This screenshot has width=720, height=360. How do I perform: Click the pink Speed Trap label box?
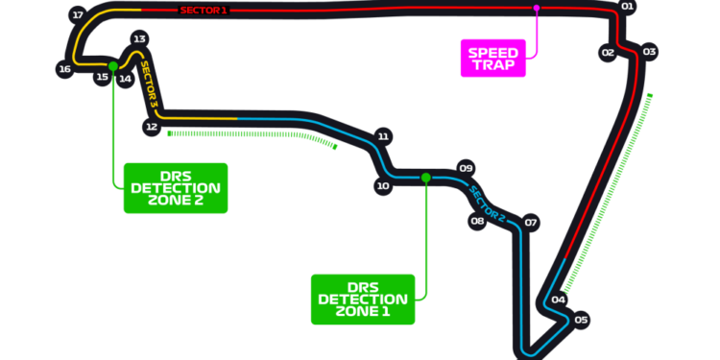point(493,59)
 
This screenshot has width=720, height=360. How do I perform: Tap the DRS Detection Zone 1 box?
point(363,299)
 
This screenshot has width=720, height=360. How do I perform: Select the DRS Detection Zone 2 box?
point(175,187)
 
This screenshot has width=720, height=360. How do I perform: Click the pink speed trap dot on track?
point(537,9)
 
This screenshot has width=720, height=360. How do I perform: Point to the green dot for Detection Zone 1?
point(425,178)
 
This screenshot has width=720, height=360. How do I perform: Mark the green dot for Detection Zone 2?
point(113,66)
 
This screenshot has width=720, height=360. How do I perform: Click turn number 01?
point(628,7)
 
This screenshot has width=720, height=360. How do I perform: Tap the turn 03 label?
point(650,52)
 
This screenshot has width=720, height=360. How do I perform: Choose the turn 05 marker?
point(581,320)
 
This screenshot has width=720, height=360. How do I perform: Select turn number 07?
point(531,222)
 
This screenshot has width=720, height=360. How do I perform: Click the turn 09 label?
point(466,168)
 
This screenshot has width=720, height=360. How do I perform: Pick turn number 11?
point(383,136)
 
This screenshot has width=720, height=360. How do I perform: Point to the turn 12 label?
point(151,126)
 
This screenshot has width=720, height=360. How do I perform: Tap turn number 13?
point(139,39)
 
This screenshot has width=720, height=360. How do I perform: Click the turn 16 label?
point(64,69)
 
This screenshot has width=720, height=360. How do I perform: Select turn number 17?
point(78,15)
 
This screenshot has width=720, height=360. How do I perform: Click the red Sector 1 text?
point(204,10)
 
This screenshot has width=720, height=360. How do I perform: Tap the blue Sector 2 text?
point(487,203)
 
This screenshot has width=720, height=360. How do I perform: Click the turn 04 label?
point(558,300)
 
